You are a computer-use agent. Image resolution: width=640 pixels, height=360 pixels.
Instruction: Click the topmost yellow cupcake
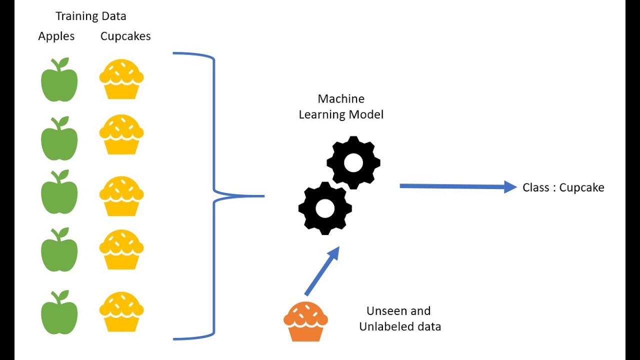click(x=121, y=79)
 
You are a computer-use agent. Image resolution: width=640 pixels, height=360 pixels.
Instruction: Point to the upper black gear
click(x=353, y=162)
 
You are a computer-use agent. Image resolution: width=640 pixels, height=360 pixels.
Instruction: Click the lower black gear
click(x=325, y=208)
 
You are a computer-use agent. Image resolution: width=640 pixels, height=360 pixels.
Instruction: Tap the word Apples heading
click(x=56, y=36)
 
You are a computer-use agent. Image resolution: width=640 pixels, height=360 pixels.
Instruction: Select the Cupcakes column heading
click(x=125, y=36)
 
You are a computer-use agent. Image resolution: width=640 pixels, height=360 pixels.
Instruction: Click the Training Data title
click(x=91, y=16)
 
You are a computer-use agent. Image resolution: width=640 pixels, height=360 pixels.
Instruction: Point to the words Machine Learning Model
click(x=341, y=106)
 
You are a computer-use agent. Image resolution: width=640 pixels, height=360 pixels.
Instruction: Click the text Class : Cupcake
click(x=563, y=187)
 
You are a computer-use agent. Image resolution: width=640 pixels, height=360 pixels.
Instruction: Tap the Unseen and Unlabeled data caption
click(x=399, y=319)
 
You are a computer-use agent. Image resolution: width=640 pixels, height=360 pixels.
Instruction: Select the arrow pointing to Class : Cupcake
click(x=457, y=186)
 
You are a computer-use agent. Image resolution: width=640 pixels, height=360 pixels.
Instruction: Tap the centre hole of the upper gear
click(x=353, y=162)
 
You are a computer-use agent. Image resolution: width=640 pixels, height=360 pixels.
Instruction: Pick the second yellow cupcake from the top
click(x=121, y=134)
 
